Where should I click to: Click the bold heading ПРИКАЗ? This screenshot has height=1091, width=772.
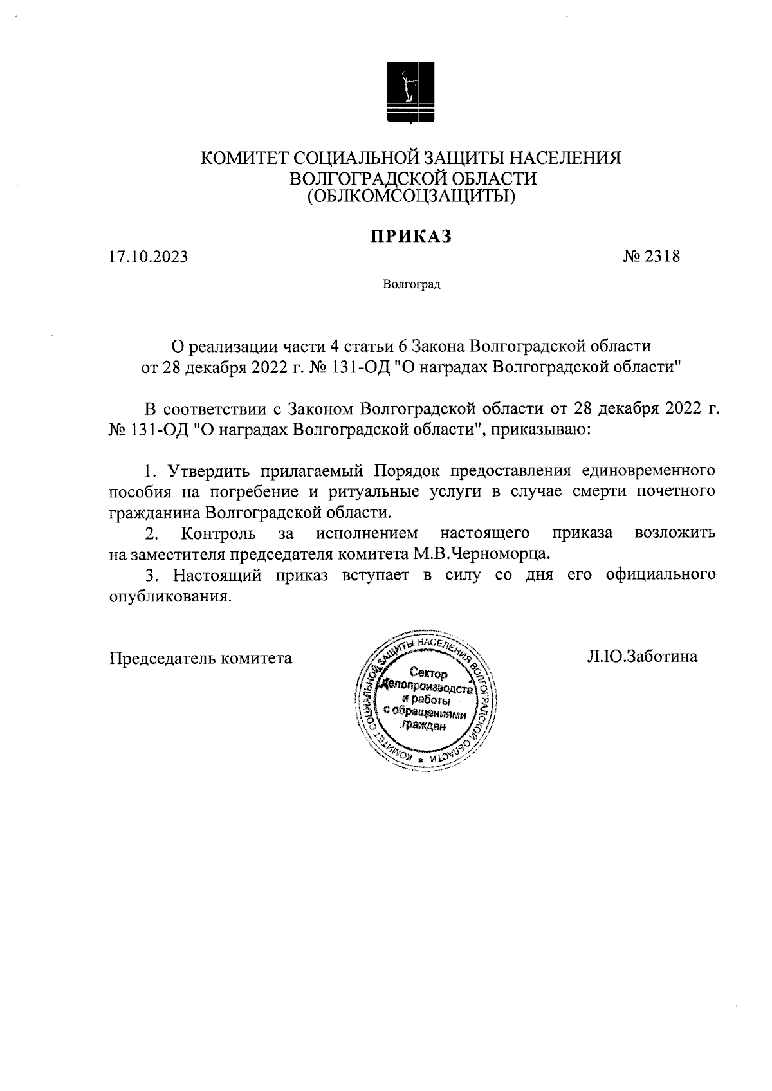(410, 236)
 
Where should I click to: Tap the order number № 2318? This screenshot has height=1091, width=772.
(651, 257)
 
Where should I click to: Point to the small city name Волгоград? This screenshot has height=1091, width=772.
(411, 284)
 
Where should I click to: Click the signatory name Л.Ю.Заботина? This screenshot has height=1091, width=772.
(642, 657)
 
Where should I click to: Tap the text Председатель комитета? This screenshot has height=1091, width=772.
(200, 658)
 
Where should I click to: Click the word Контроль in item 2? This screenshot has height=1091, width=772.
(219, 533)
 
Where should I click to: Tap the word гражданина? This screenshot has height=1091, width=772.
(153, 513)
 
